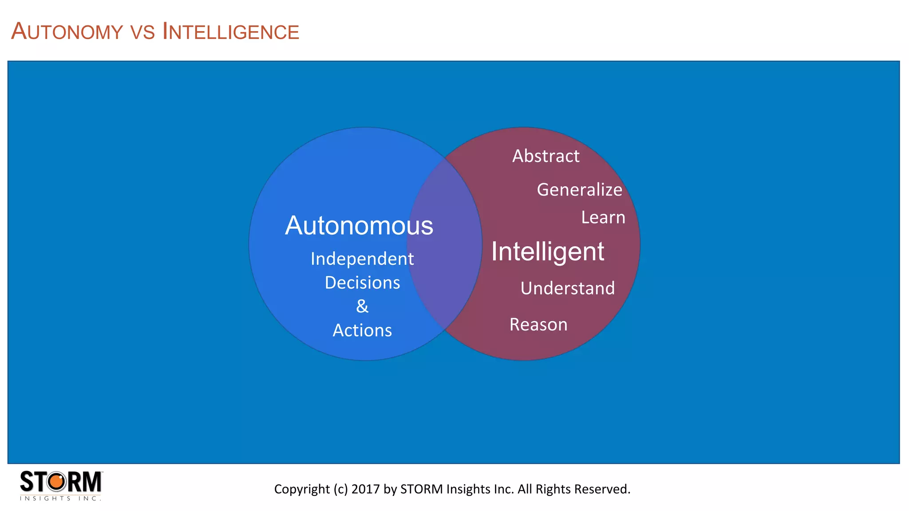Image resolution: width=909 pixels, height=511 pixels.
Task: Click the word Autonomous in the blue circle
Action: [359, 226]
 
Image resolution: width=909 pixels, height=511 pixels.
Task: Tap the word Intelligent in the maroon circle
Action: [547, 252]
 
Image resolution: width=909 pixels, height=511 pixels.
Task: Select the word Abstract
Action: [545, 156]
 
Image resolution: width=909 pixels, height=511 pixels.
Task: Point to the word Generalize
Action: [579, 190]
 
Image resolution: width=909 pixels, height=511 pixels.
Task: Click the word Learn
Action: [603, 218]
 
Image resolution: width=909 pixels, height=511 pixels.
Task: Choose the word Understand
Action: [567, 288]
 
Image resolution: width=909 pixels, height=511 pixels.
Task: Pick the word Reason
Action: [538, 325]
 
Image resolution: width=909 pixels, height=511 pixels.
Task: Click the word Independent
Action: [362, 259]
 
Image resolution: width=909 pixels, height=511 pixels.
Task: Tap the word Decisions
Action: [362, 283]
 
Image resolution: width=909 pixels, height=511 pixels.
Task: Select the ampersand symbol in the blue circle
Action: [362, 306]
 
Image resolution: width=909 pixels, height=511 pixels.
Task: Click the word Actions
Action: [362, 330]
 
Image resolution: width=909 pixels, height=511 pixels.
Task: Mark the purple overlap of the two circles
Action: [444, 244]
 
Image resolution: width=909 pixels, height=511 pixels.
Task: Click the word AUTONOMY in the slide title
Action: [67, 32]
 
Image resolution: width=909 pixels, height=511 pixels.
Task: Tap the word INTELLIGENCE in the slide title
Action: [231, 32]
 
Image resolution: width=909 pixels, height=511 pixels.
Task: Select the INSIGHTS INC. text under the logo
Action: [60, 499]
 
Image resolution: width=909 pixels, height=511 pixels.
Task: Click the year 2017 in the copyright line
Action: [366, 489]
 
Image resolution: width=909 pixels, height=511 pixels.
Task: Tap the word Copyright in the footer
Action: [296, 489]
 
